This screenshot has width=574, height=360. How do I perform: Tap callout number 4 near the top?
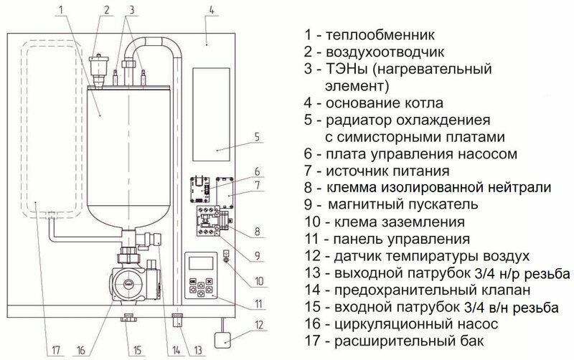click(x=210, y=9)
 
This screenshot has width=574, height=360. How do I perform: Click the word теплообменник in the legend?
click(x=381, y=34)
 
